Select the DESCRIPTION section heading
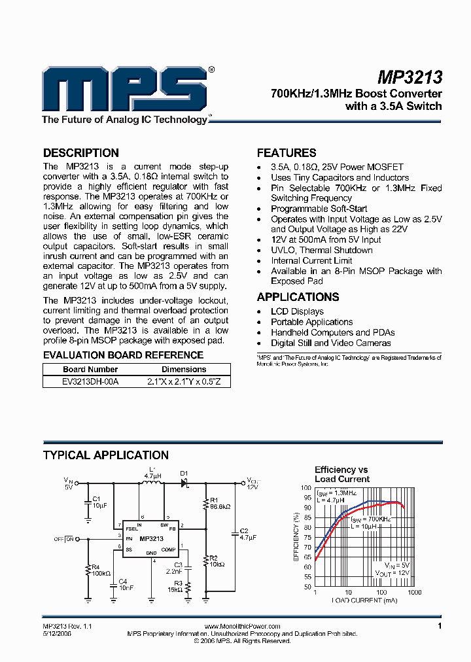(80, 153)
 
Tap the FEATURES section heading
(287, 153)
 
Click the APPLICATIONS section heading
(298, 297)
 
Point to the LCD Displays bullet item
(297, 311)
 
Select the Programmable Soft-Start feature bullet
(310, 209)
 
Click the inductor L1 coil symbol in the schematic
(152, 483)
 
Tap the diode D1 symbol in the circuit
(184, 483)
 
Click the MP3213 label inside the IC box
(151, 538)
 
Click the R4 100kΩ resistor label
(99, 570)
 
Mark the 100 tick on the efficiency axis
(306, 488)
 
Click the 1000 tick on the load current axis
(415, 592)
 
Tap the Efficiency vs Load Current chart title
(341, 474)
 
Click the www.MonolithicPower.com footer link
(242, 627)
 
